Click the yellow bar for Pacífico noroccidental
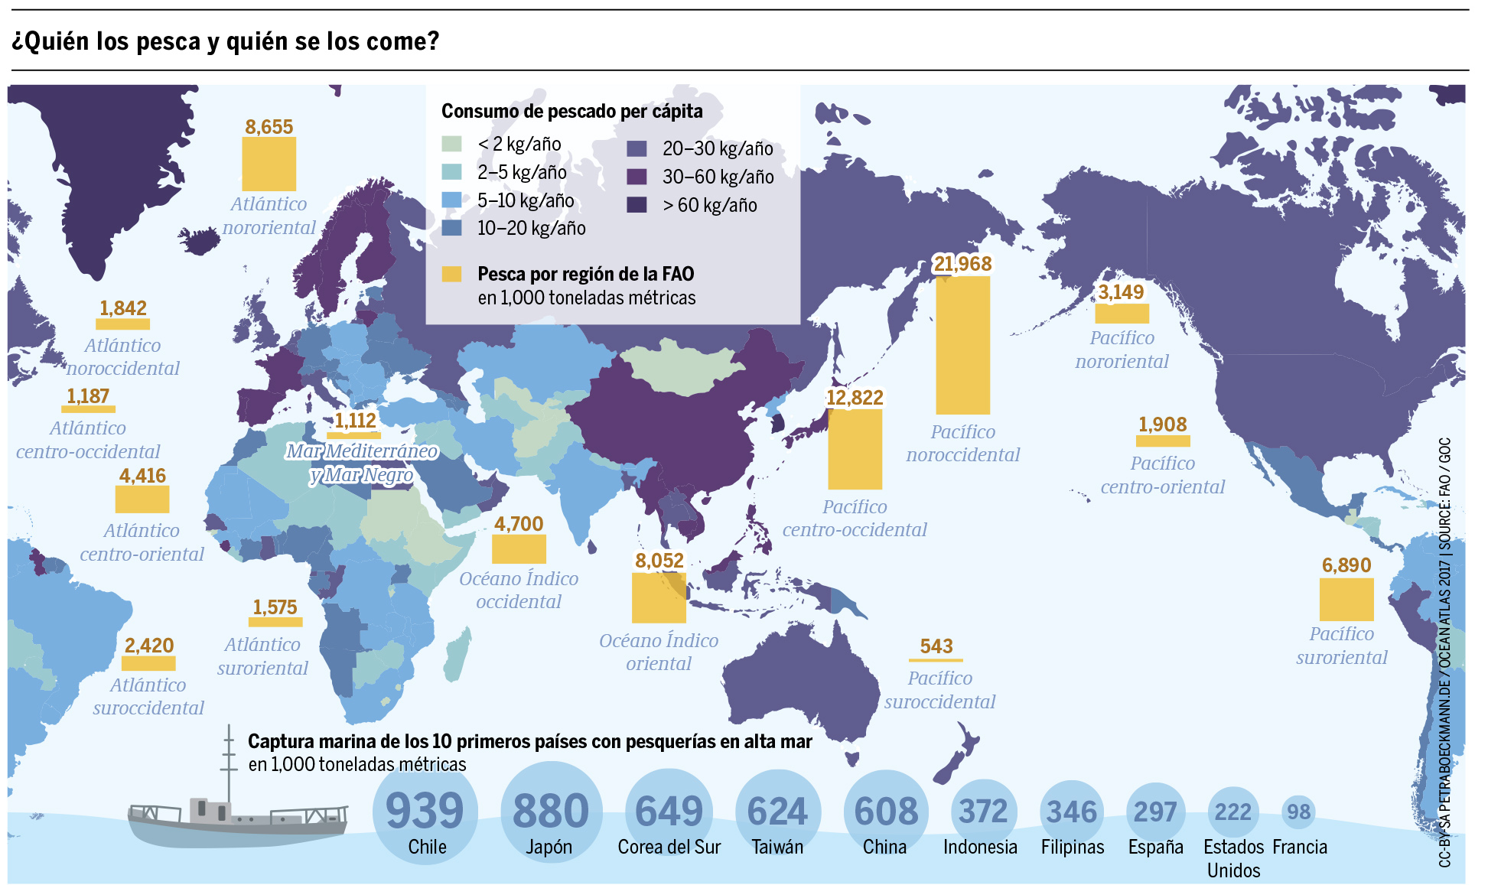click(962, 345)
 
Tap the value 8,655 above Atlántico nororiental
click(269, 127)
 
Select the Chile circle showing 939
click(425, 815)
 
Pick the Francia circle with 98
click(1298, 812)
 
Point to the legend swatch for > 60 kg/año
click(637, 205)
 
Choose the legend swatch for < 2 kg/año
click(451, 144)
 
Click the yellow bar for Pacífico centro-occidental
click(855, 449)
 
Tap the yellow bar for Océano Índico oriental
click(659, 597)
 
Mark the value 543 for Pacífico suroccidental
click(936, 646)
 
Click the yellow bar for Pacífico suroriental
click(1346, 600)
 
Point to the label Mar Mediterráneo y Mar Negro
click(362, 463)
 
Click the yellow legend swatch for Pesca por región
click(451, 274)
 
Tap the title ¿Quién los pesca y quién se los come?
click(226, 41)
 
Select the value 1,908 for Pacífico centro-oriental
click(1162, 425)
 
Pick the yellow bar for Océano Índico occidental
click(519, 549)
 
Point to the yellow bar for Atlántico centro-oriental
click(142, 499)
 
